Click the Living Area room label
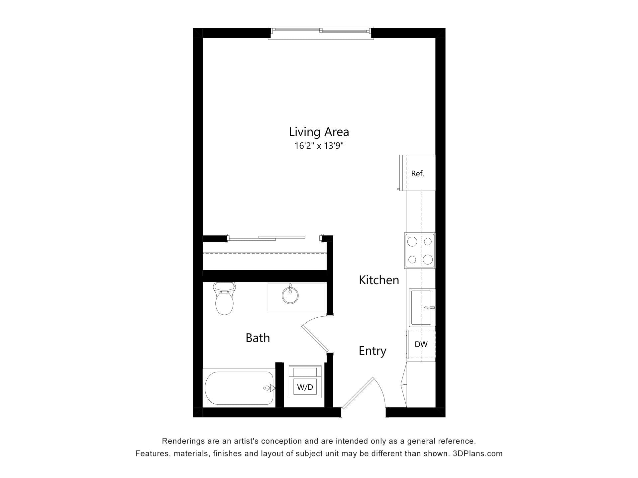tap(319, 132)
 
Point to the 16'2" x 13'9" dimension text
tap(319, 146)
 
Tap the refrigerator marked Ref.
tap(418, 173)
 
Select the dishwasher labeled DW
tap(421, 345)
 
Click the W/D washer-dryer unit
tap(305, 382)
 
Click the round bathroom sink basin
tap(290, 295)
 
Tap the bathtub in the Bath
tap(239, 388)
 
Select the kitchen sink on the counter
tap(422, 307)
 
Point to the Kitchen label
tap(379, 280)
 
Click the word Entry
tap(372, 351)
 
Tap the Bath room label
tap(258, 338)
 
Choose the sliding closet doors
tap(266, 238)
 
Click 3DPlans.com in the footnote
tap(478, 453)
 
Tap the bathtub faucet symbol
tap(269, 388)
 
